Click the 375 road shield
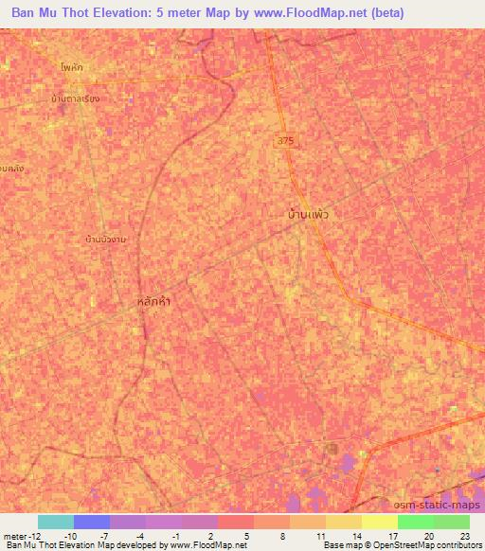click(x=285, y=140)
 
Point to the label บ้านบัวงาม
click(x=105, y=240)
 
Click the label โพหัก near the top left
click(x=69, y=69)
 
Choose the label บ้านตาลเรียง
click(x=76, y=98)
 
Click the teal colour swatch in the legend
click(x=55, y=522)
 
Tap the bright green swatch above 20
click(x=415, y=522)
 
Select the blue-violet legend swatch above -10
click(x=91, y=522)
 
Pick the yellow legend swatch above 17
click(x=379, y=522)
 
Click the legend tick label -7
click(x=109, y=536)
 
